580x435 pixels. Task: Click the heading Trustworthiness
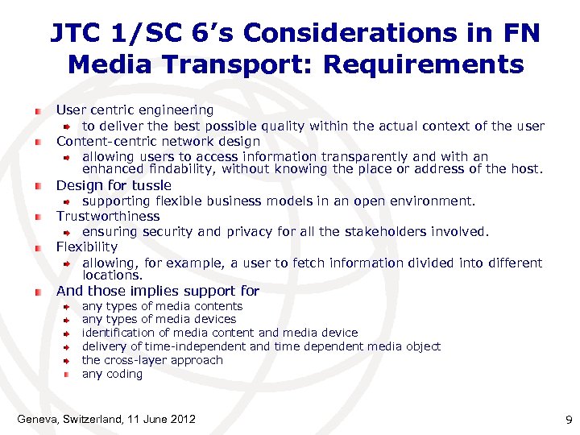(x=108, y=216)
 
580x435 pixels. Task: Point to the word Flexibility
(x=87, y=246)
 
